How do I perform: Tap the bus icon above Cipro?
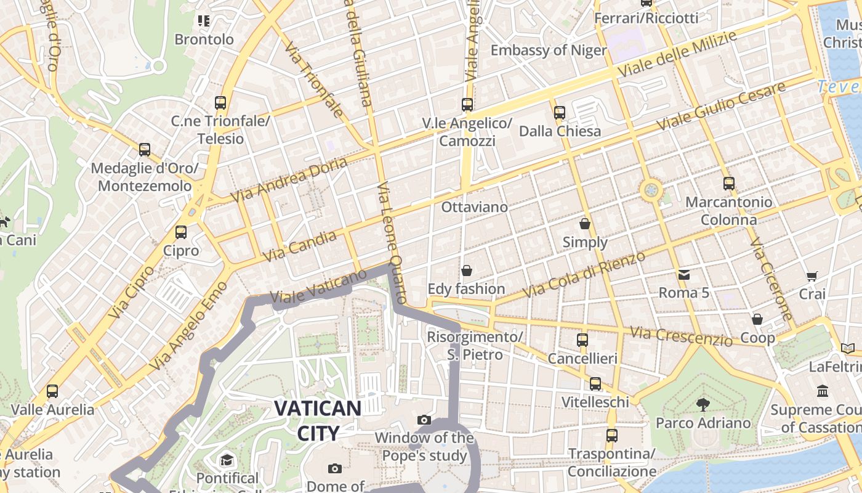tap(180, 232)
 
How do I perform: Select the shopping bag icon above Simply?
tap(584, 223)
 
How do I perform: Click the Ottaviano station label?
tap(474, 207)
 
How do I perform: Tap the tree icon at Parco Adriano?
tap(703, 404)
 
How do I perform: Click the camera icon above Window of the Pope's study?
tap(424, 420)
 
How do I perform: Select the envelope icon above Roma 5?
tap(683, 274)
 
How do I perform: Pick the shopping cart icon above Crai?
tap(812, 276)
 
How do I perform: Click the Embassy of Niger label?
tap(549, 51)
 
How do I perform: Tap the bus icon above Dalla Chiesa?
tap(559, 113)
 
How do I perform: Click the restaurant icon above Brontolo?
tap(204, 21)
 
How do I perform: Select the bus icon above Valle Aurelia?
tap(52, 391)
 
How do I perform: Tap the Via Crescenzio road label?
tap(681, 336)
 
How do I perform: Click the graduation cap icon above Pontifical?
tap(227, 460)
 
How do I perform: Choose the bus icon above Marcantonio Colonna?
tap(729, 183)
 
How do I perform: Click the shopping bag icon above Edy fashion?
tap(466, 271)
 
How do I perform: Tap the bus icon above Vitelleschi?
tap(595, 384)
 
